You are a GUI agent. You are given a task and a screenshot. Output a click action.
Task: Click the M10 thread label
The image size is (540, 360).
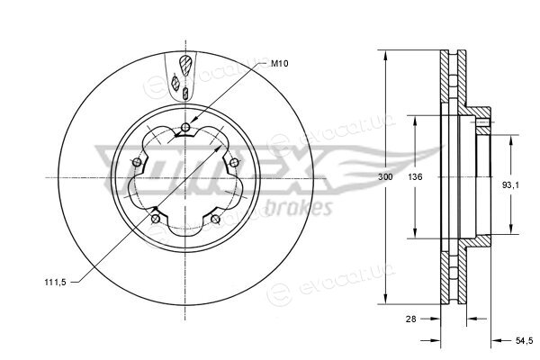coord(279,63)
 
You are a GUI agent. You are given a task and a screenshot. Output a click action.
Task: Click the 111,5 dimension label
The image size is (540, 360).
coord(55,283)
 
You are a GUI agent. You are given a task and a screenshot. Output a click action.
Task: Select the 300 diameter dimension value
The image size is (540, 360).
coord(385,177)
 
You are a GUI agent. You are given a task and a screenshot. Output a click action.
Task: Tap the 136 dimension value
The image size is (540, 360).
coord(415,177)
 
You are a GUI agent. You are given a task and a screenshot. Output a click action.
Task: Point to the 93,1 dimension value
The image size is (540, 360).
coord(510,185)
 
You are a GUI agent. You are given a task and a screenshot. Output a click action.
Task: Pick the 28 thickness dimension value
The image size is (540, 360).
coord(411,319)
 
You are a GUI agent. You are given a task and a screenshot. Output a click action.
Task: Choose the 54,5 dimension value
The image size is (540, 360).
coord(524,341)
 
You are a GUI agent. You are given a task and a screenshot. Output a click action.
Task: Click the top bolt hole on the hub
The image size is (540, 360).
coord(185,127)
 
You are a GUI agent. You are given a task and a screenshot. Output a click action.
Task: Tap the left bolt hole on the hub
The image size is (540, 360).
coord(137,162)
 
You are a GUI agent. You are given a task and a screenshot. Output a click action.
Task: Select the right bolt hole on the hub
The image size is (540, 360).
coord(234,162)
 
